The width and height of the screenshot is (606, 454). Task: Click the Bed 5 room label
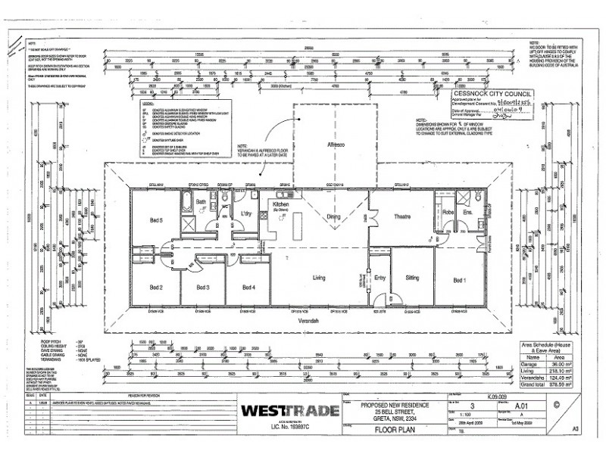pos(156,219)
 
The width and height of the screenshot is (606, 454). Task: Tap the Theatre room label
pos(401,216)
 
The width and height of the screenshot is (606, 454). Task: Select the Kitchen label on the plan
pos(281,204)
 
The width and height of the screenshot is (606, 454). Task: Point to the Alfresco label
pos(336,144)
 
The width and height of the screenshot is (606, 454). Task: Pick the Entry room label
pos(380,278)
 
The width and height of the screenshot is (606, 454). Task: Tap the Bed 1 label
pos(460,280)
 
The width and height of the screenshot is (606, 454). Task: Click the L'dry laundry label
pos(245,214)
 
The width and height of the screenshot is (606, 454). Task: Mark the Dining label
pos(333,216)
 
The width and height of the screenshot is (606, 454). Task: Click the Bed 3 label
pos(202,288)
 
